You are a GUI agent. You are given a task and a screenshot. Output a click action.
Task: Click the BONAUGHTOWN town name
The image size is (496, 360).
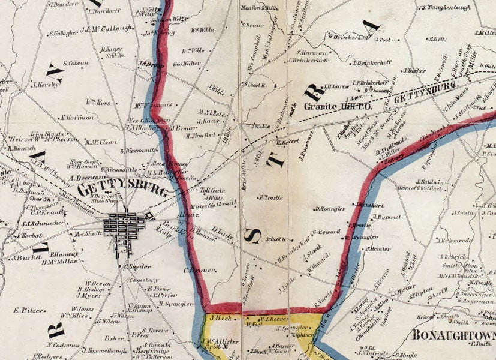click(453, 334)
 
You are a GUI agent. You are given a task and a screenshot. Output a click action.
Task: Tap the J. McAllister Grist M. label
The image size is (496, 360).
click(221, 344)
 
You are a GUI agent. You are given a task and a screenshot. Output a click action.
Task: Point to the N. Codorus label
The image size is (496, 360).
click(62, 345)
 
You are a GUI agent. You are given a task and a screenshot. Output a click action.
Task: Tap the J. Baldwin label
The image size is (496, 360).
click(429, 182)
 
